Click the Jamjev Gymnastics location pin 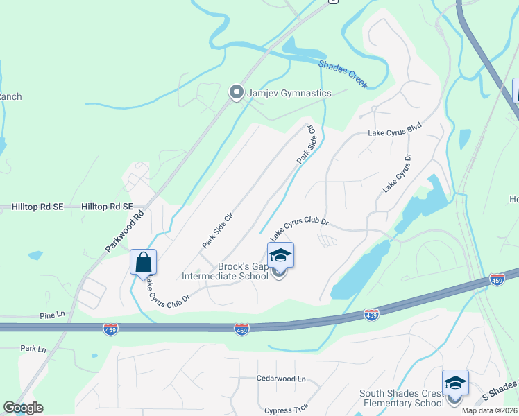[237, 92]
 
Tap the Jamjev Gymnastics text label [289, 93]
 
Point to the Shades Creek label [343, 73]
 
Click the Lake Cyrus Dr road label [397, 172]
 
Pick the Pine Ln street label [51, 314]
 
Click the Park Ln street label [33, 348]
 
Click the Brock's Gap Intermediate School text [224, 270]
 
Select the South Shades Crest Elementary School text [401, 398]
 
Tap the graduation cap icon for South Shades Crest [455, 383]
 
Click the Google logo [23, 408]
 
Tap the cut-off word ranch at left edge [10, 96]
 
